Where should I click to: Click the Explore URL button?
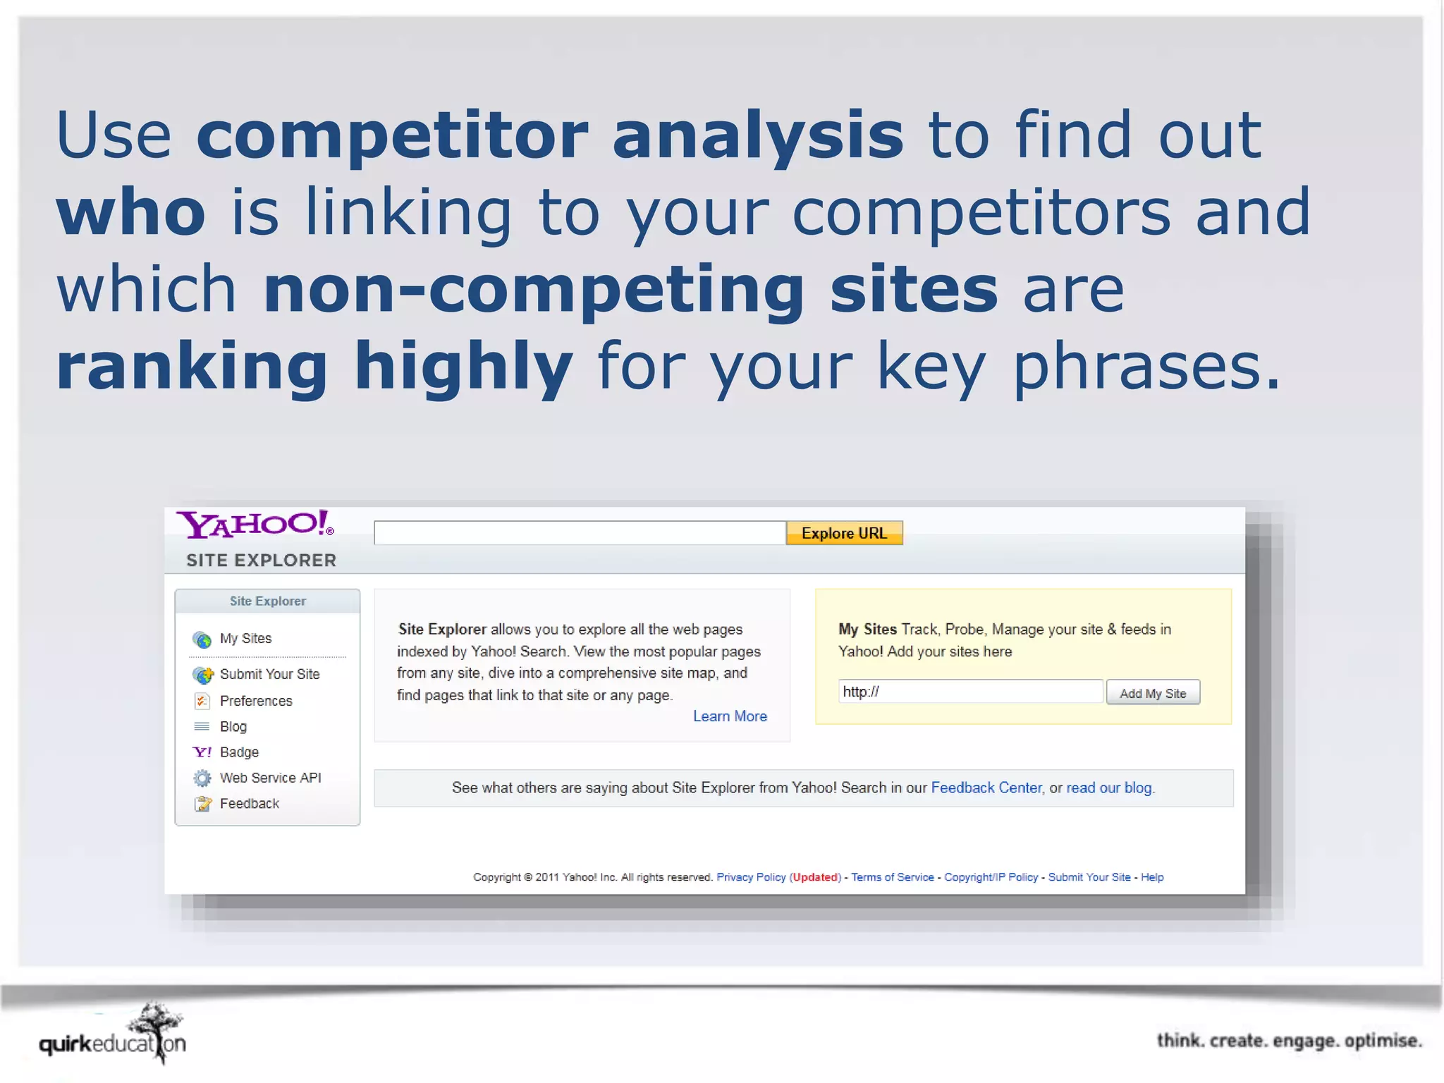844,533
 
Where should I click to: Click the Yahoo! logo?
255,524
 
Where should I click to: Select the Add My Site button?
1152,693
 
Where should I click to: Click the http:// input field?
970,692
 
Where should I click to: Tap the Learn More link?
729,716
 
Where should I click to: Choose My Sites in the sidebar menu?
245,639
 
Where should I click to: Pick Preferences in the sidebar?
255,701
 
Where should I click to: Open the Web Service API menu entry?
270,778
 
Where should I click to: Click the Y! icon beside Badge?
202,752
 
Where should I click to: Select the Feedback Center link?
986,788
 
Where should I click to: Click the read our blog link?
1109,788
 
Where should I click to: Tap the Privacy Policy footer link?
751,877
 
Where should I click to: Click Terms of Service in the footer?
892,877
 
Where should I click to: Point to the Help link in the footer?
1152,877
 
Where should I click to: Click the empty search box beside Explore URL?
580,533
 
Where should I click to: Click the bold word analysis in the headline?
757,135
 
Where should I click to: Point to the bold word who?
131,212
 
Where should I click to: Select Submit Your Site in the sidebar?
269,675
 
